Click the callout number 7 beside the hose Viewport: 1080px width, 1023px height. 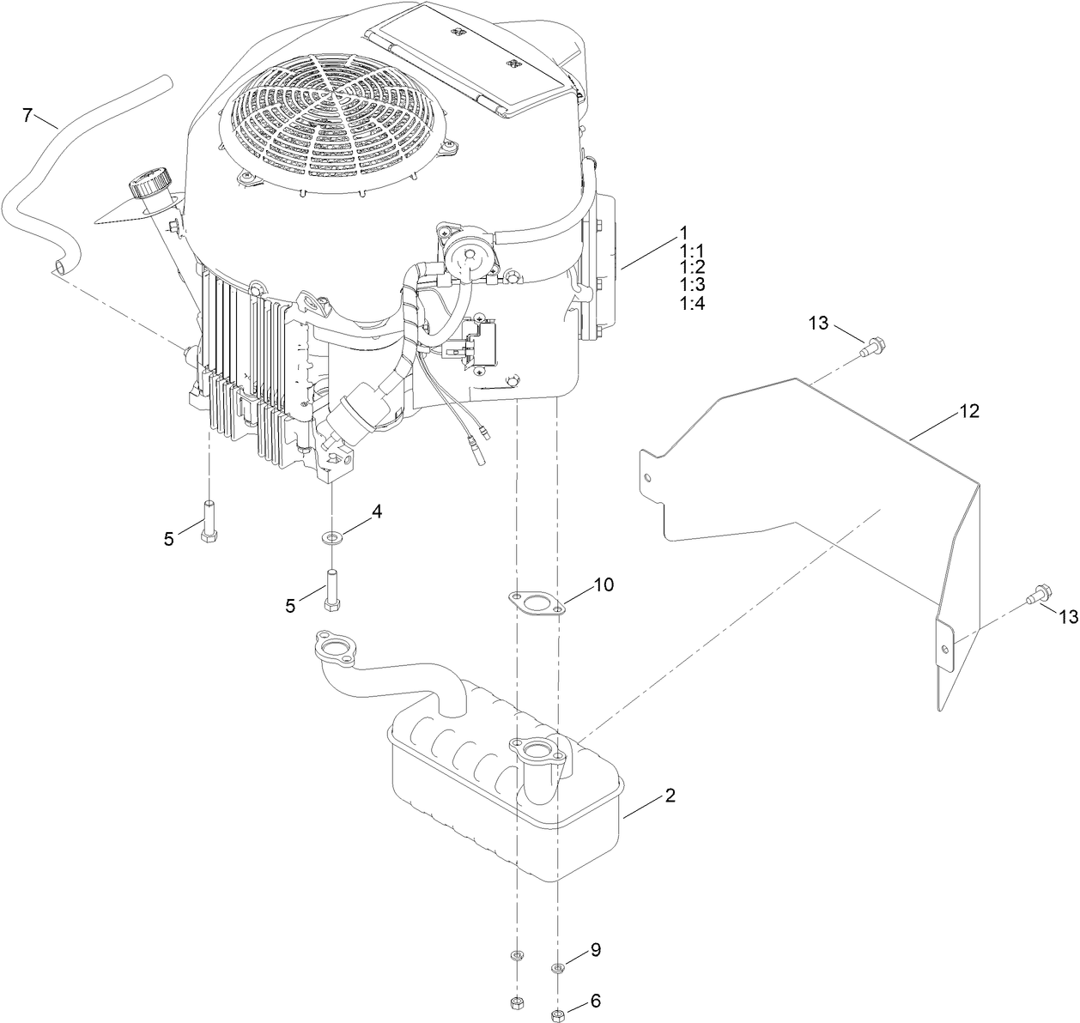[x=27, y=114]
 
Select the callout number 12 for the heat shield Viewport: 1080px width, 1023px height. [x=968, y=412]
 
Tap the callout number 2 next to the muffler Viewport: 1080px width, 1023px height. [x=670, y=796]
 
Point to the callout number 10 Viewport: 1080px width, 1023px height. [x=604, y=585]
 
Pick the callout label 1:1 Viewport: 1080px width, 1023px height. [x=691, y=250]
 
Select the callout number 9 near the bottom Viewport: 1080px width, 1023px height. [x=595, y=950]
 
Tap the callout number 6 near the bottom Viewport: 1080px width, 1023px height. [x=595, y=1002]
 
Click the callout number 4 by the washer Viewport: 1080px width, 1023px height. [x=376, y=512]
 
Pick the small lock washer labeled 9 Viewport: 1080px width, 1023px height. [x=558, y=969]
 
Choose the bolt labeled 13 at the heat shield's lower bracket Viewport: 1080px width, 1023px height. [x=1037, y=594]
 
